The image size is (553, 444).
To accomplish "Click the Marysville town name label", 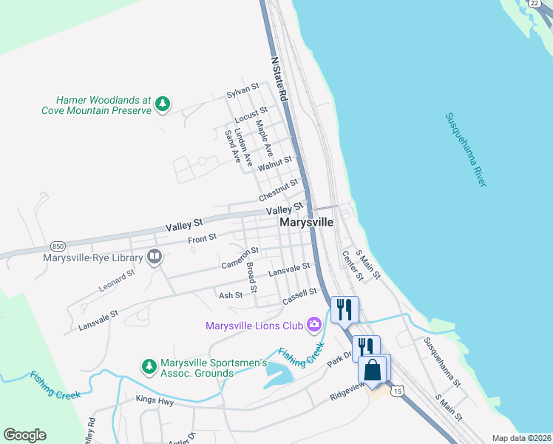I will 306,222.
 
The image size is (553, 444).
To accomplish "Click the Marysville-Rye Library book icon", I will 155,258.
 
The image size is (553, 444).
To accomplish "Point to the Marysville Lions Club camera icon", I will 315,324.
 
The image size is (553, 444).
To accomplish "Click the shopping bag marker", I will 373,368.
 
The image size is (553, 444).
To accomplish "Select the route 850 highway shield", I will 58,244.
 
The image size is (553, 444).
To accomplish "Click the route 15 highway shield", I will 398,390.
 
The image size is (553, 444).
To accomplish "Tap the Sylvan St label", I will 242,91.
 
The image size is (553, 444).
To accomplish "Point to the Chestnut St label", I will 278,190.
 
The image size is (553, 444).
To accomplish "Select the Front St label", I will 202,238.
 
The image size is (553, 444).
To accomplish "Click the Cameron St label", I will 240,258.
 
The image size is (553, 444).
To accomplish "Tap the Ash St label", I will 231,295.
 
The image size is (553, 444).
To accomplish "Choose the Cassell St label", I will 299,298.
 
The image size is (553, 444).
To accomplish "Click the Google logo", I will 24,435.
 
